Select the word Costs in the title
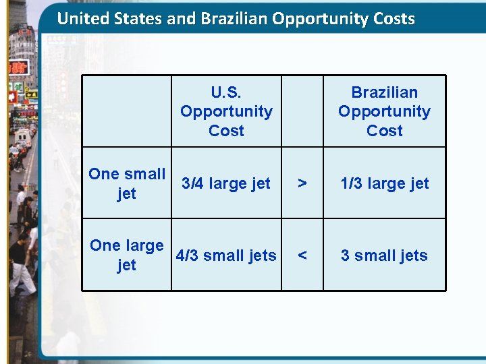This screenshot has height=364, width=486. [394, 18]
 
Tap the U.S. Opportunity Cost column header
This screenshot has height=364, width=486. [226, 111]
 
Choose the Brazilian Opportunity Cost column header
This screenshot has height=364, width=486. [384, 111]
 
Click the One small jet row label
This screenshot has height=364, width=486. [127, 183]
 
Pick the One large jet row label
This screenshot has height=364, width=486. [127, 255]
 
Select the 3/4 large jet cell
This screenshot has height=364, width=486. [226, 183]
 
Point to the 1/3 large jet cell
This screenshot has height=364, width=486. [384, 183]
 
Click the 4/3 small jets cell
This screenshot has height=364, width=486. [226, 255]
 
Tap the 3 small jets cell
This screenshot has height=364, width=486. [384, 255]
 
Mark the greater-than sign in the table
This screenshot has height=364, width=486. [302, 183]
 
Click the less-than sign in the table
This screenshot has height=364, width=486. [302, 255]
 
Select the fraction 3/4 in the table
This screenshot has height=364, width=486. [193, 183]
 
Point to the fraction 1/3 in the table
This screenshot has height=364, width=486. [351, 183]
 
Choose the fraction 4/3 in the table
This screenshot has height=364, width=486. [187, 255]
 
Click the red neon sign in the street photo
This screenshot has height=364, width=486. [18, 67]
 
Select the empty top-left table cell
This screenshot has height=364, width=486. [127, 111]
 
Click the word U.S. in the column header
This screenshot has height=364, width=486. [226, 92]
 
